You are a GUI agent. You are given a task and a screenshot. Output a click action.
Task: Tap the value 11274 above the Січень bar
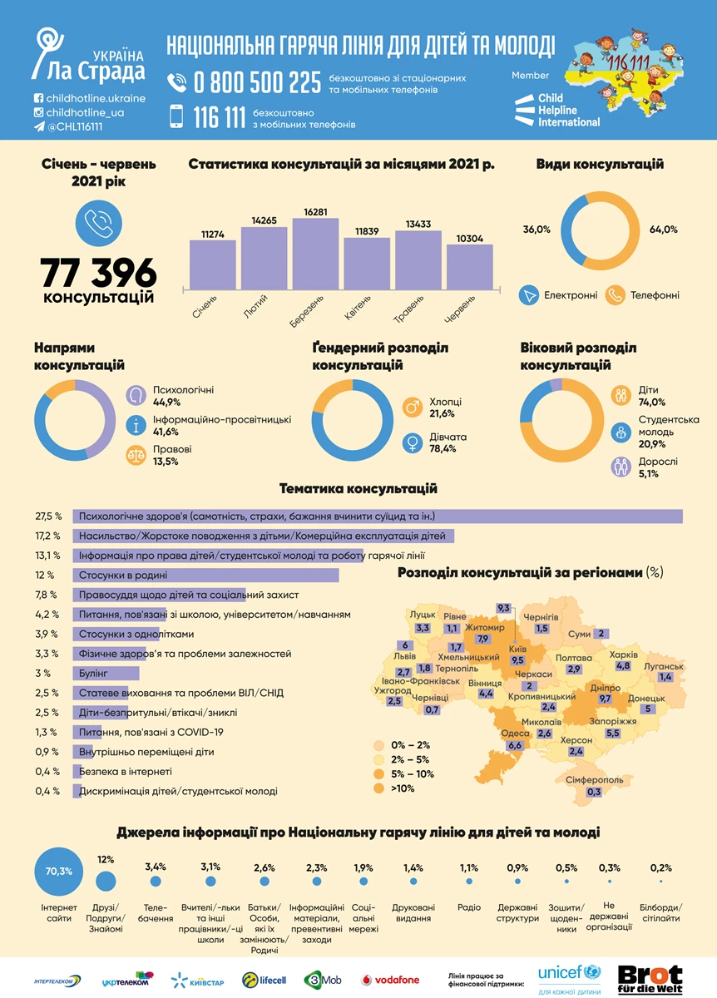(x=212, y=234)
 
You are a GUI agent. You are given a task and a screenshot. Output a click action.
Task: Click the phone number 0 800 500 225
(x=256, y=82)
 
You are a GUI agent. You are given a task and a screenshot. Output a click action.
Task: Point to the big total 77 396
(x=98, y=272)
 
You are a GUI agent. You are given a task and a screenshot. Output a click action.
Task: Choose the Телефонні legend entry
(x=652, y=294)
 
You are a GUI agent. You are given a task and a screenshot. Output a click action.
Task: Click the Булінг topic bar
(x=106, y=673)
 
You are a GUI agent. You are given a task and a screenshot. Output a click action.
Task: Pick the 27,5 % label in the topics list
(x=47, y=516)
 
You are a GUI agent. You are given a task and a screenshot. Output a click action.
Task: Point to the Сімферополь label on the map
(x=594, y=780)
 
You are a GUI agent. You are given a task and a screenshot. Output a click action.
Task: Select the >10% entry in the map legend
(x=401, y=788)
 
